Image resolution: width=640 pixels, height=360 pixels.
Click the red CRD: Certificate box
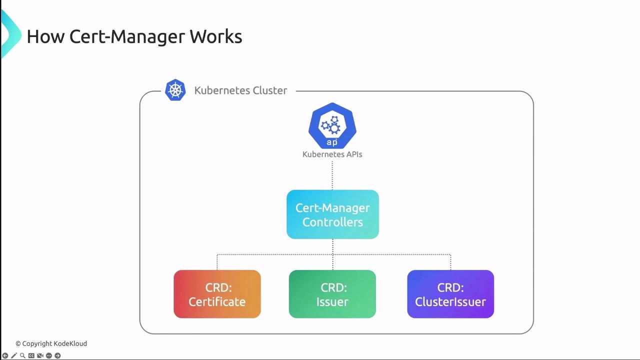[x=217, y=294]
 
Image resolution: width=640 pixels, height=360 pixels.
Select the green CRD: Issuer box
[x=332, y=294]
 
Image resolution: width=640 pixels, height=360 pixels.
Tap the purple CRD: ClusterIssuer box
[x=450, y=294]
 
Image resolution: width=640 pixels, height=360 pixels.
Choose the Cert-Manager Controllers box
[x=332, y=214]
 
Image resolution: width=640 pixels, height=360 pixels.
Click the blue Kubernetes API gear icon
[x=332, y=125]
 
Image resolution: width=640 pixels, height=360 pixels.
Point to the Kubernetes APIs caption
[x=332, y=154]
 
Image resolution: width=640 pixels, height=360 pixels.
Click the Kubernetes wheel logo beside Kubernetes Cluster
[x=175, y=90]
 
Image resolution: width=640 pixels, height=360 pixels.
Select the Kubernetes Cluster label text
[x=240, y=90]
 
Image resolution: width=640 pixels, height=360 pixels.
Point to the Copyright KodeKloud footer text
[x=51, y=343]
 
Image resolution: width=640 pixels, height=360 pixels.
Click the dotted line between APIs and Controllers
[x=332, y=175]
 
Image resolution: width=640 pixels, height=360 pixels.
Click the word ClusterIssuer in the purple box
[x=450, y=302]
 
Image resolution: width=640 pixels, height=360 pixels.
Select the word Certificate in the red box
[x=217, y=302]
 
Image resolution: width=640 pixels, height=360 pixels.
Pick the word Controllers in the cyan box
[x=332, y=222]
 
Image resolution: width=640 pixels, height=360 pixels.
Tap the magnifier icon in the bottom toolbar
[x=22, y=355]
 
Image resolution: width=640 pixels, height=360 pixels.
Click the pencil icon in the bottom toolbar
[x=14, y=355]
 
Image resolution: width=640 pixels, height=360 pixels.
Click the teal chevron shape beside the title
[x=10, y=34]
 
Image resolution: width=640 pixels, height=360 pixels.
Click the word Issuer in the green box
[x=332, y=302]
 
